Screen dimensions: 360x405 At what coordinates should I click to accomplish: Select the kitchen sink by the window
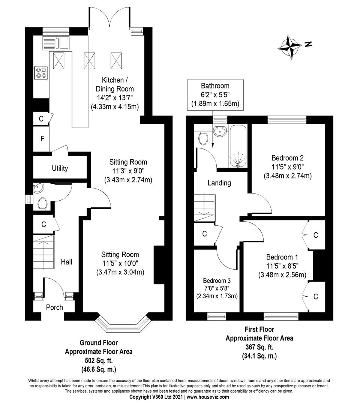click(x=56, y=43)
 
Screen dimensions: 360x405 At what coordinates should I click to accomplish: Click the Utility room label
click(x=60, y=168)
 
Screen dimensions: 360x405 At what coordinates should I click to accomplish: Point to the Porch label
click(x=54, y=307)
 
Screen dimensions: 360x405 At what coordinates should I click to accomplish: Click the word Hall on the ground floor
click(x=66, y=262)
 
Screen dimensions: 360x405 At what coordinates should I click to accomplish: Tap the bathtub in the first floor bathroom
click(x=238, y=146)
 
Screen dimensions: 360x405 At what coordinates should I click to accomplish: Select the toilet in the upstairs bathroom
click(x=204, y=138)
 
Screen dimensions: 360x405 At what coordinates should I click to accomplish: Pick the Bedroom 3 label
click(x=217, y=281)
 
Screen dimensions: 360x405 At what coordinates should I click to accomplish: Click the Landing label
click(x=219, y=183)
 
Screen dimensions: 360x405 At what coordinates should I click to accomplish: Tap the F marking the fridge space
click(x=42, y=139)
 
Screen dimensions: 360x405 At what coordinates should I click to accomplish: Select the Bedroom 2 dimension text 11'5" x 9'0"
click(x=287, y=166)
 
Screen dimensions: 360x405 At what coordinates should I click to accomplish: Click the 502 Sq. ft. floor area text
click(x=99, y=360)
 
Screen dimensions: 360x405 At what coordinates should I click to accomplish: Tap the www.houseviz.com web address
click(x=208, y=397)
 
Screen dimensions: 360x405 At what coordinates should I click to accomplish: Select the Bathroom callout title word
click(x=215, y=86)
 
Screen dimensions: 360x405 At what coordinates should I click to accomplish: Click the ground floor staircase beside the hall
click(x=43, y=252)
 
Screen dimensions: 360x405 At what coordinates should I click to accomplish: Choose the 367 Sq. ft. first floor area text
click(x=259, y=346)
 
